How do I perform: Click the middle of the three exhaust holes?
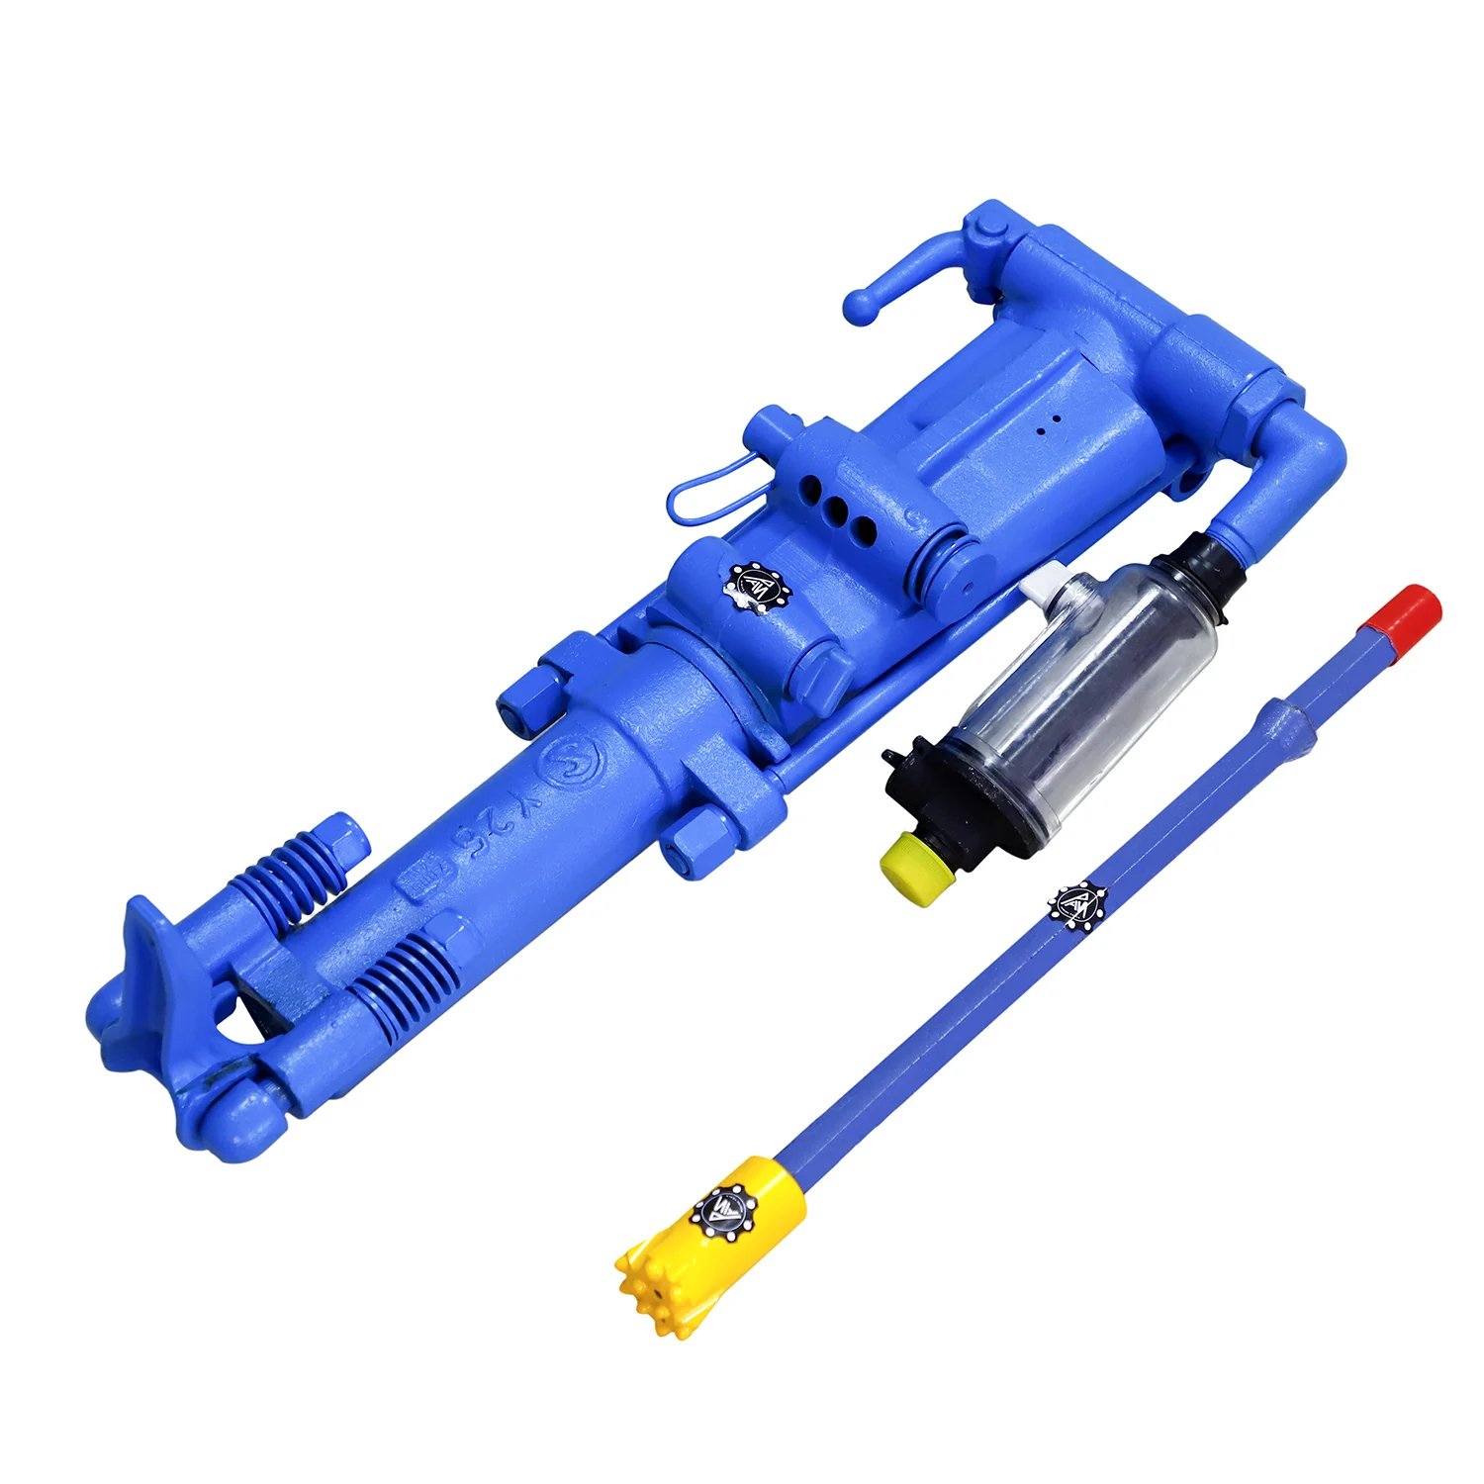(838, 510)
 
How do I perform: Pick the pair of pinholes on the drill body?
(1049, 424)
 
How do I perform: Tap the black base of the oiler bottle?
(950, 791)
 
